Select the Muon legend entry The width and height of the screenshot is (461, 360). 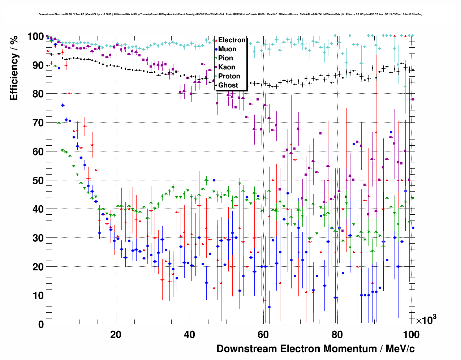pos(227,49)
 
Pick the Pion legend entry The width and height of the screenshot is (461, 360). pos(225,58)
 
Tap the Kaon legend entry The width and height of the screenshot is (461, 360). pos(227,67)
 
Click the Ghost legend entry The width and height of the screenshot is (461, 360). pos(228,85)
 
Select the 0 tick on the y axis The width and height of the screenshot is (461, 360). pos(41,324)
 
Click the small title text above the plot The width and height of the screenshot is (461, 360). pos(231,14)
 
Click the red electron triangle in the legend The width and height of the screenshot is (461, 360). pos(216,40)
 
